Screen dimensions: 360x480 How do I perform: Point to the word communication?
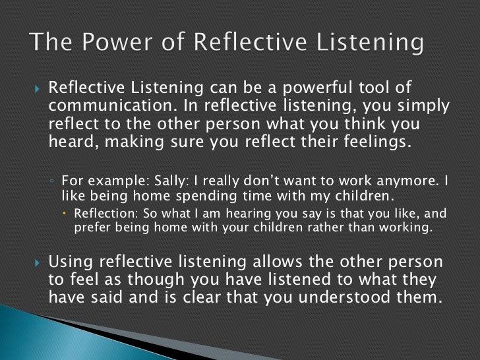pyautogui.click(x=105, y=107)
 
